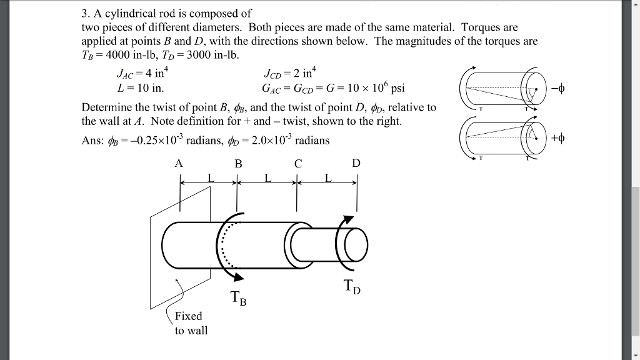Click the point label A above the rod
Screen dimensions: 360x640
point(179,164)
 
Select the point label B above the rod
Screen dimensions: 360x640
point(238,164)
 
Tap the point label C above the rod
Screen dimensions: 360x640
point(298,164)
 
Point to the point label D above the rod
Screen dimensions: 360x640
point(356,164)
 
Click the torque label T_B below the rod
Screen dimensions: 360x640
point(238,299)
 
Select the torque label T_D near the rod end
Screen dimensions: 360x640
point(352,287)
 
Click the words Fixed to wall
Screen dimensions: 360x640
point(189,323)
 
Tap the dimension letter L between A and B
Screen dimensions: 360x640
point(211,179)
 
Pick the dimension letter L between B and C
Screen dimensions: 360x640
point(267,179)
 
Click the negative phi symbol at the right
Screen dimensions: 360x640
point(559,87)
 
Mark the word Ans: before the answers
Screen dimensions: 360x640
point(92,140)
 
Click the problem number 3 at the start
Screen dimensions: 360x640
point(85,13)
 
